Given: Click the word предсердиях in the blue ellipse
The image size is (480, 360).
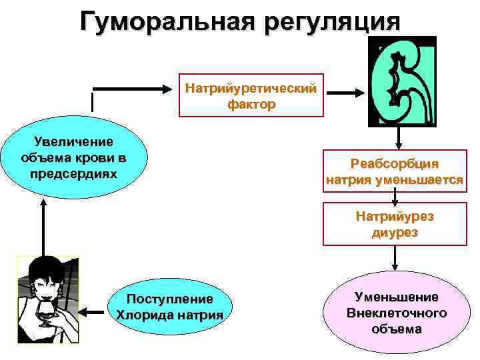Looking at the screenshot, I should point(73,173).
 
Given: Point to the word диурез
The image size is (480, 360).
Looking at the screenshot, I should point(395,232).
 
